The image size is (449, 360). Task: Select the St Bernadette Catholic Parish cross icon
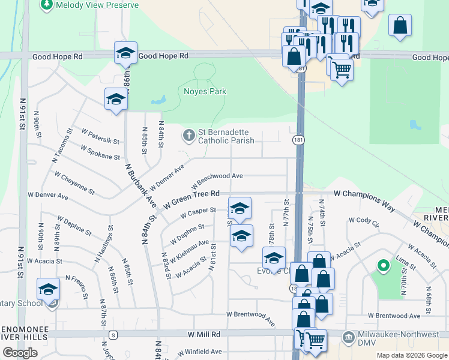(x=189, y=136)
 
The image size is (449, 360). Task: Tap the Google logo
(x=20, y=353)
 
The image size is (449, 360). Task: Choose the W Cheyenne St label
(x=74, y=184)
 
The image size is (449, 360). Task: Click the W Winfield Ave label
(x=199, y=352)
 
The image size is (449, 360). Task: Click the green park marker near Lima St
(x=382, y=265)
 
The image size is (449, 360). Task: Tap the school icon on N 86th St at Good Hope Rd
(x=125, y=53)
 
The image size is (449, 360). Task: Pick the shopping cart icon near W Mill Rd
(x=315, y=340)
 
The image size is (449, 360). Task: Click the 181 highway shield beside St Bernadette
(x=298, y=139)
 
